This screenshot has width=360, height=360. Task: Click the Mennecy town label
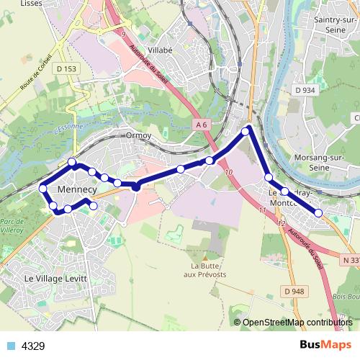(x=76, y=189)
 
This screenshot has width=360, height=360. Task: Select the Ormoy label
(x=138, y=135)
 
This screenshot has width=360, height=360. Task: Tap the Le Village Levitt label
(x=55, y=278)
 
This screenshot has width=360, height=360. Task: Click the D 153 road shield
(x=66, y=68)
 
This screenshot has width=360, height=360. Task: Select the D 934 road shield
(x=305, y=90)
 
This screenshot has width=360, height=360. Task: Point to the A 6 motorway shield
(x=202, y=125)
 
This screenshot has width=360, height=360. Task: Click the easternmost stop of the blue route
(x=318, y=212)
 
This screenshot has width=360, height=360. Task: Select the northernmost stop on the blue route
(x=247, y=130)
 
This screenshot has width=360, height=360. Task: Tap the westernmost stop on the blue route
(x=42, y=189)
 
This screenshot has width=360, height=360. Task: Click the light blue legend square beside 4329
(x=12, y=346)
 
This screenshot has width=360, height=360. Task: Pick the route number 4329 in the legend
(x=33, y=346)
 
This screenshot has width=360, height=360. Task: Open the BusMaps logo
(x=320, y=345)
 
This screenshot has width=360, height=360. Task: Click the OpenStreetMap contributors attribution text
(x=297, y=323)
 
